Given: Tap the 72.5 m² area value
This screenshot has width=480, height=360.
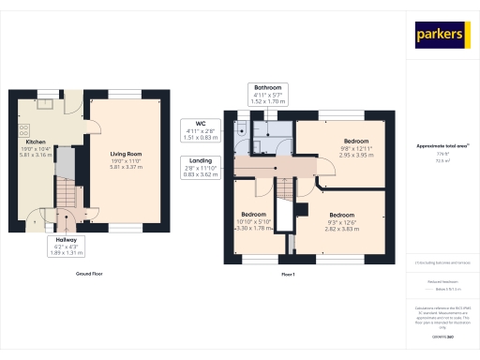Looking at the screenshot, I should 442,160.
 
